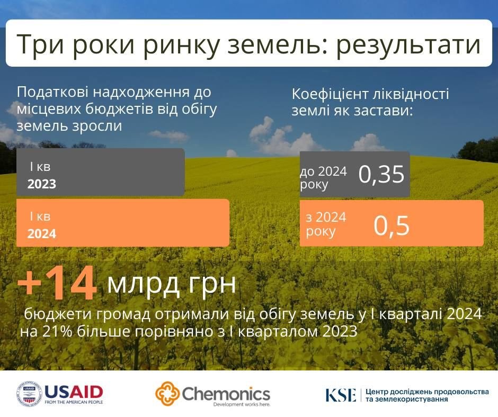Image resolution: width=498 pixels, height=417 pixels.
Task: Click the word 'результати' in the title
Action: (408, 44)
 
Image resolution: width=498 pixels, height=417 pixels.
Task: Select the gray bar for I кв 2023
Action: (100, 172)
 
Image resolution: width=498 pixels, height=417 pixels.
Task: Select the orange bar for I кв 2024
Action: (122, 223)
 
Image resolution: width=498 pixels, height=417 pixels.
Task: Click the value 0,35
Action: (381, 174)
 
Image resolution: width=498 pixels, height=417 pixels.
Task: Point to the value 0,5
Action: (392, 225)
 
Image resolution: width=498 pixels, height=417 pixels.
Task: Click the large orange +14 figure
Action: (57, 283)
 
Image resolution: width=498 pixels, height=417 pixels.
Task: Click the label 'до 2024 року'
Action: (323, 178)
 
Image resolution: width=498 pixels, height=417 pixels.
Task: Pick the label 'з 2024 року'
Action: (326, 224)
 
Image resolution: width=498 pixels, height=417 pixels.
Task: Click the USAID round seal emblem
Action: (29, 394)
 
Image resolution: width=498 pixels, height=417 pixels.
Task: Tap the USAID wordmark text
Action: (74, 392)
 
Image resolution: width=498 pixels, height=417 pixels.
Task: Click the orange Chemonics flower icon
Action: (167, 394)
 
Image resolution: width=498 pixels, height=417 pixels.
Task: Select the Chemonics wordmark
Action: (226, 394)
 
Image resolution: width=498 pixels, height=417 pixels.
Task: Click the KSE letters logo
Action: (341, 395)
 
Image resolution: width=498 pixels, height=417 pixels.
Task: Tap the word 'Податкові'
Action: (53, 92)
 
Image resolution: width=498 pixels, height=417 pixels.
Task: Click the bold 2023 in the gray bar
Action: (42, 184)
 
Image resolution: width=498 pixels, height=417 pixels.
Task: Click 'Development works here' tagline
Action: (242, 404)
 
